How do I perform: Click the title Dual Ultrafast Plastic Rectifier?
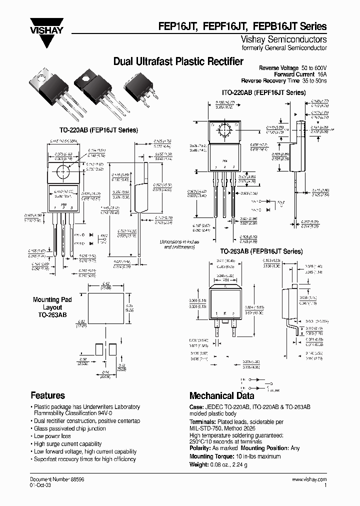click(x=178, y=61)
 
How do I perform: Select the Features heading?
click(x=47, y=395)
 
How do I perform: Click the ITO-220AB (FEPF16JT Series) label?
click(x=263, y=92)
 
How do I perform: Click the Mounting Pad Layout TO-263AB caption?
click(x=52, y=307)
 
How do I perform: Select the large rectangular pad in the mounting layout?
click(x=105, y=308)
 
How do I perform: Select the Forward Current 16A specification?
click(x=299, y=74)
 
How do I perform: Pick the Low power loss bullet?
click(x=52, y=436)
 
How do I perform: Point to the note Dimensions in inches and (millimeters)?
click(x=179, y=244)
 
